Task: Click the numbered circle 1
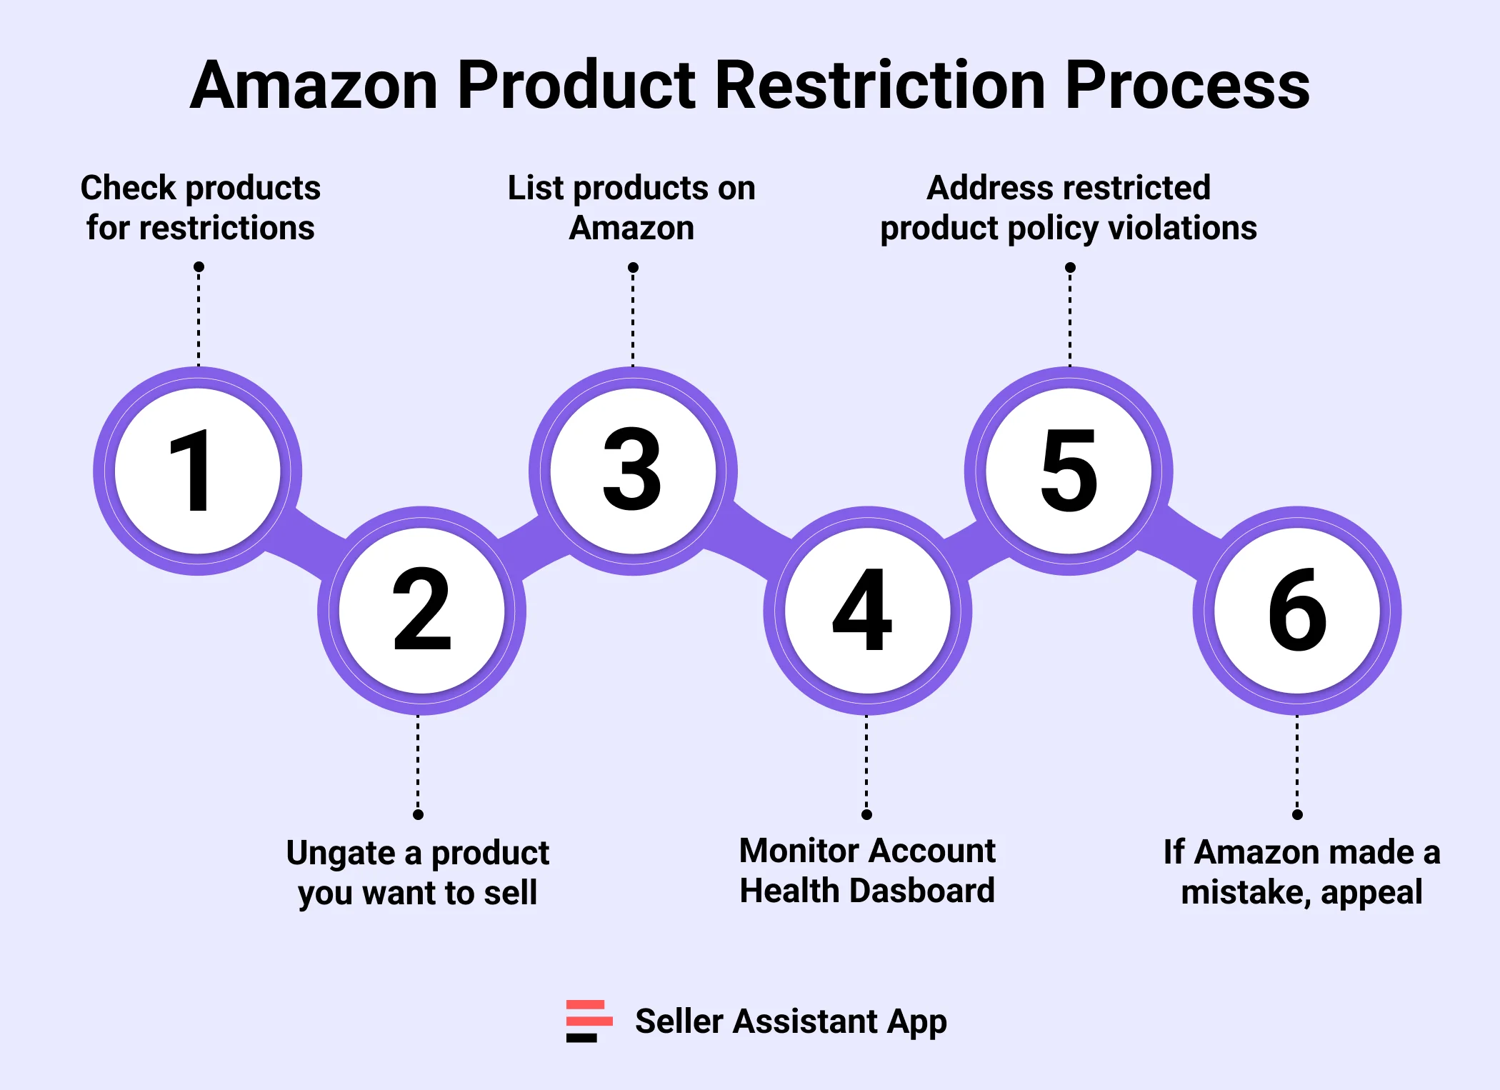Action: click(x=198, y=471)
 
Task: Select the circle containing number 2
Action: click(x=421, y=611)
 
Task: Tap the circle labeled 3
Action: click(x=633, y=471)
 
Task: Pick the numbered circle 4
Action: click(x=867, y=611)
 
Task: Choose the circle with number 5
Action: click(x=1069, y=471)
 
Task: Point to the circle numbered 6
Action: click(x=1297, y=611)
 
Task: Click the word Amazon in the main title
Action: click(x=314, y=86)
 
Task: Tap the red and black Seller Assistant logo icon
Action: click(x=589, y=1021)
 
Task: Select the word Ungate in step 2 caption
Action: click(x=340, y=854)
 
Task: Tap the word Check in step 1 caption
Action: click(x=128, y=188)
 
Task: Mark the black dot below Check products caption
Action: click(x=199, y=267)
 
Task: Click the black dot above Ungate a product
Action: click(x=419, y=814)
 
